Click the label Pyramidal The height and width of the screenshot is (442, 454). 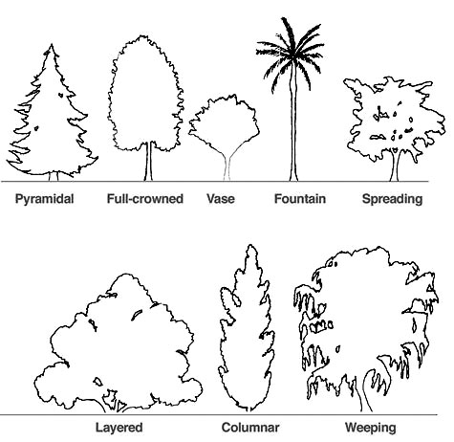pos(44,199)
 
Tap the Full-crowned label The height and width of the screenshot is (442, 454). pos(145,199)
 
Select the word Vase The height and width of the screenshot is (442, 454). pos(221,199)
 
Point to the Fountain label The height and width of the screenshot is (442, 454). pos(300,199)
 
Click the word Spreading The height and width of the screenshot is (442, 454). pos(392,199)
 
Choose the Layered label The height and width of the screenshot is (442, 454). pos(119,428)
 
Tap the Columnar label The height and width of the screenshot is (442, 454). pos(250,428)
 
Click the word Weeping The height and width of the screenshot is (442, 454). pos(371,428)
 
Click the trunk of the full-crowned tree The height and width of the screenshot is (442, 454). pos(148,162)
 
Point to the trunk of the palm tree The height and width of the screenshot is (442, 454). pos(293,127)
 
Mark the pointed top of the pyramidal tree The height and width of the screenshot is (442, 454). pos(52,45)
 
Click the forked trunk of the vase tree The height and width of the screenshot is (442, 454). pos(227,166)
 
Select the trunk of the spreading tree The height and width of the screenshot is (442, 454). pos(395,166)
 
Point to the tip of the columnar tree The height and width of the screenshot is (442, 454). pos(251,246)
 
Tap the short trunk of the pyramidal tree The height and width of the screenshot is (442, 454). pos(54,176)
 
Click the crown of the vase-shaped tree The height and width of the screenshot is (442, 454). pos(225,122)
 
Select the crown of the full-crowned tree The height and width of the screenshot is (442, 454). pos(145,94)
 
